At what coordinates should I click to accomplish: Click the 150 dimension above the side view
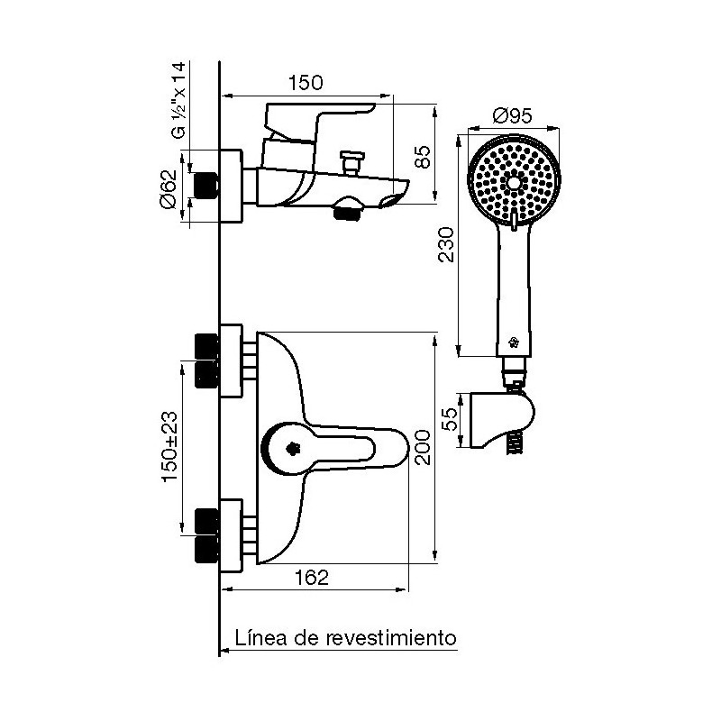[x=306, y=83]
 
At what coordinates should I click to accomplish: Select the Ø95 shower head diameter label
[x=512, y=115]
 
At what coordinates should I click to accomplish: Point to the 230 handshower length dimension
[x=445, y=244]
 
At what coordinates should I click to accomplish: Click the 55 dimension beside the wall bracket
[x=452, y=419]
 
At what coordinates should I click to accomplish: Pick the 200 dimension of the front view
[x=423, y=447]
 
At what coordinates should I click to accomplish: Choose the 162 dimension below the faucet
[x=311, y=578]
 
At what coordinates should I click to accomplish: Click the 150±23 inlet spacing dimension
[x=170, y=446]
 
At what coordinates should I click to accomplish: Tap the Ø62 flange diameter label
[x=168, y=189]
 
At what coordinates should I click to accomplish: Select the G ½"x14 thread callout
[x=178, y=100]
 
